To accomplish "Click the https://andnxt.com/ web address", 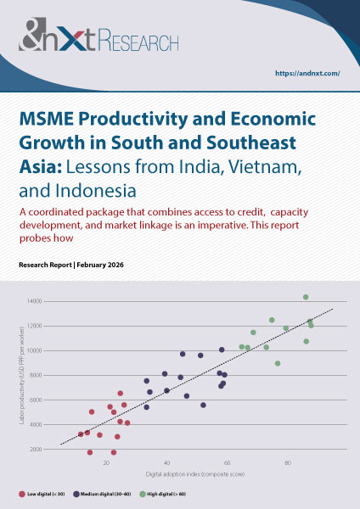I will click(308, 74).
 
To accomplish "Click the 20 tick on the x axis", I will click(106, 463).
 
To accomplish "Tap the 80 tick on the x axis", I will click(288, 463).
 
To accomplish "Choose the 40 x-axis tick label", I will click(166, 463).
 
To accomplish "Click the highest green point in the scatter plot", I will click(306, 297).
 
